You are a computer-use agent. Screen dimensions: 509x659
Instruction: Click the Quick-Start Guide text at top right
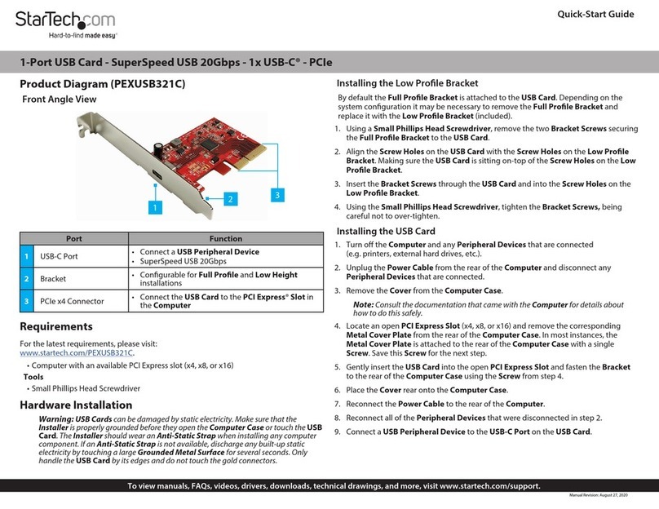tap(600, 14)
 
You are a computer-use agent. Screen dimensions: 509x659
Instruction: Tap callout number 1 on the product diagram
tap(153, 208)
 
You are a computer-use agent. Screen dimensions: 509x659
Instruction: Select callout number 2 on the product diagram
tap(230, 198)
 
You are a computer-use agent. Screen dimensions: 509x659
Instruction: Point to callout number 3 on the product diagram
tap(277, 195)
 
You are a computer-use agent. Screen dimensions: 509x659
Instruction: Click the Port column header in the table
tap(73, 239)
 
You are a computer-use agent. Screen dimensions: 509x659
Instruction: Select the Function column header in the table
tap(226, 239)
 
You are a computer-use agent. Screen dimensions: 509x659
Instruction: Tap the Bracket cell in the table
tap(55, 278)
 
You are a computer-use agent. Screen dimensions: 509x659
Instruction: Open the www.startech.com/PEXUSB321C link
tap(76, 352)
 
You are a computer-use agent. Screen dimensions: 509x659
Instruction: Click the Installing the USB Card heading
tap(386, 231)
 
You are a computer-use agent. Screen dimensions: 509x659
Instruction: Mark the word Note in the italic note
tap(363, 304)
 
